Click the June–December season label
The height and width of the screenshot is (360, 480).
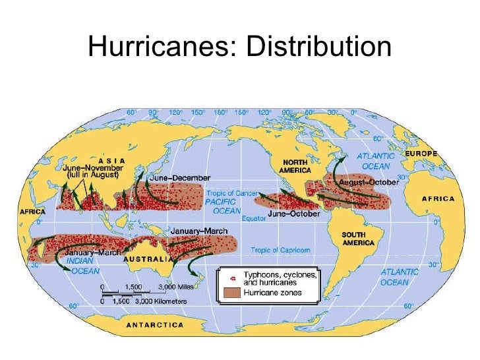pos(179,178)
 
